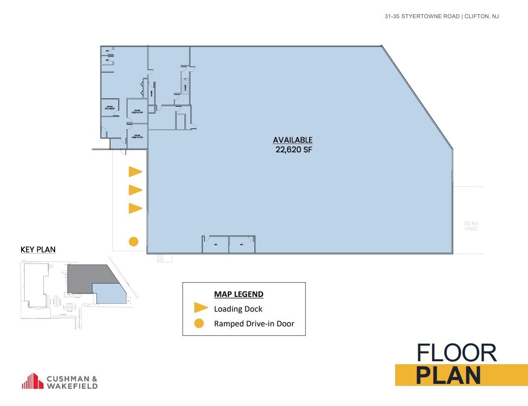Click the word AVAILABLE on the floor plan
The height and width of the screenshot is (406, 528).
point(293,140)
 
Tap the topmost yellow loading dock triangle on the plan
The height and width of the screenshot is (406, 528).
point(135,172)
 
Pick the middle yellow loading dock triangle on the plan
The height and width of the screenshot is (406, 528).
point(135,190)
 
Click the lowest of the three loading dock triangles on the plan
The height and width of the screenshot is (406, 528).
point(135,208)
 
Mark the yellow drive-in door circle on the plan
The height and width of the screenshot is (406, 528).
point(133,241)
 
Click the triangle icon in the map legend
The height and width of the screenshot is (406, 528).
point(200,308)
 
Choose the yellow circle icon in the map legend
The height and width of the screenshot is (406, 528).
point(199,323)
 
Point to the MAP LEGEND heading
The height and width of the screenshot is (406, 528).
point(239,294)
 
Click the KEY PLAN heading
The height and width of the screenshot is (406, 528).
point(38,250)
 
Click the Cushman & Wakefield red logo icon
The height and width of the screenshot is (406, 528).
point(32,381)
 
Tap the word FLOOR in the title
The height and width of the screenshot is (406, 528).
point(457,353)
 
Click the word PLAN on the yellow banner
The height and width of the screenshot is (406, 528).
point(448,375)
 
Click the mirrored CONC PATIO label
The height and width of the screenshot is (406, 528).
point(471,226)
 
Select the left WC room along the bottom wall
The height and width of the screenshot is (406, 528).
point(216,245)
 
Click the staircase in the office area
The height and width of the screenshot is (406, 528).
point(186,86)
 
